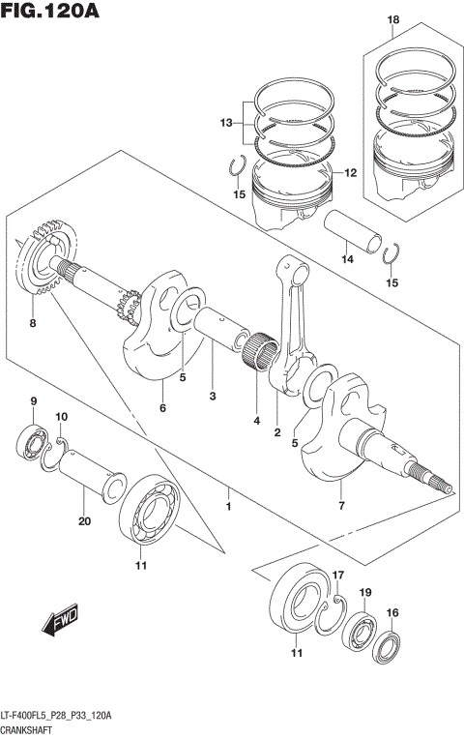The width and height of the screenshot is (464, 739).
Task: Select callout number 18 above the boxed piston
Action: (392, 19)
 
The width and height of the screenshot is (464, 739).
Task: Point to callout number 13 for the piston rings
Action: (226, 123)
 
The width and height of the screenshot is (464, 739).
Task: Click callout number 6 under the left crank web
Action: (162, 408)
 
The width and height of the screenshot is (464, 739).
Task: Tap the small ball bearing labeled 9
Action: (32, 443)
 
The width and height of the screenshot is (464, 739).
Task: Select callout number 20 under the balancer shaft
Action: (83, 522)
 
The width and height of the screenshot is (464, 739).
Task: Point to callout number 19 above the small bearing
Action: (365, 592)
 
